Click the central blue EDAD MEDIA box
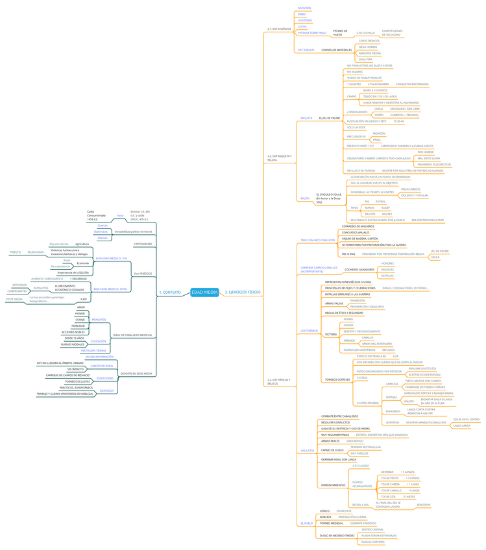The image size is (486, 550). pos(205,292)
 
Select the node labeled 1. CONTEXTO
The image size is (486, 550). pos(170,293)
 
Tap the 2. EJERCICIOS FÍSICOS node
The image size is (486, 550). pos(243,293)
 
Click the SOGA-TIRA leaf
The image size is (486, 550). pos(366,59)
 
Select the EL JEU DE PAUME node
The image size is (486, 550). pos(330,118)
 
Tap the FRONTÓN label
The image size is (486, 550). pos(379,134)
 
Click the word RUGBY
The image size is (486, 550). pos(385,208)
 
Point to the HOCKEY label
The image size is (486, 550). pos(387,214)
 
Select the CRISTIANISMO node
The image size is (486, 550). pos(143,244)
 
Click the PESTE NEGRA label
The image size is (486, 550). pos(14,300)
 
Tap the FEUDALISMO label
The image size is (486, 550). pos(36,252)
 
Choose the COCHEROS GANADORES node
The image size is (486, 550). pos(359,269)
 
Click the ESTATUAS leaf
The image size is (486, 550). pos(387,276)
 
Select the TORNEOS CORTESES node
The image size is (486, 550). pos(337,379)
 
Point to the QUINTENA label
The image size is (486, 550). pos(393,422)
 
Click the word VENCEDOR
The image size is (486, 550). pos(424,505)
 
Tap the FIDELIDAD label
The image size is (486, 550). pos(79,326)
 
